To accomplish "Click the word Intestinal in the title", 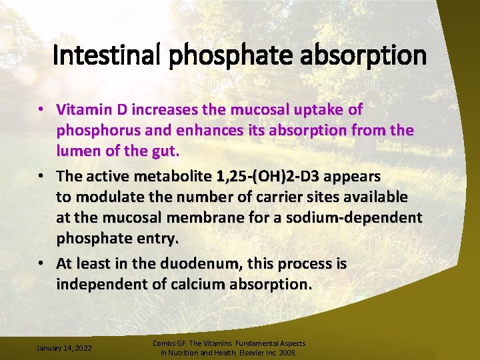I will (107, 55).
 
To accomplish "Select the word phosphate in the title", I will (226, 55).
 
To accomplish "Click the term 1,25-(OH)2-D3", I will (267, 176).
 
